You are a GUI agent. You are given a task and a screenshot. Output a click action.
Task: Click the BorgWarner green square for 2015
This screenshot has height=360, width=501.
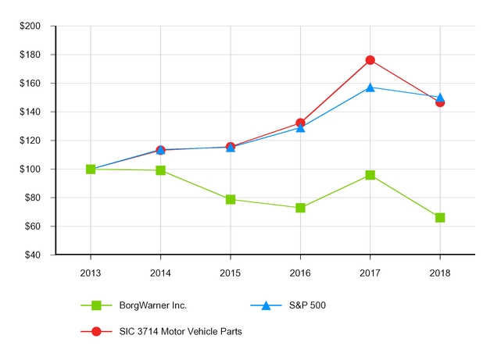231,199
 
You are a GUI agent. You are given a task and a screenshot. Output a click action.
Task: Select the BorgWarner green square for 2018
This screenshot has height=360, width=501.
440,217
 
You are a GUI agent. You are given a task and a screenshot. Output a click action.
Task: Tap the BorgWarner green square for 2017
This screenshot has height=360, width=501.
370,175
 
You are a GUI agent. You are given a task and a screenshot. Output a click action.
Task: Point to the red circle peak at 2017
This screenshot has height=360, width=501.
370,60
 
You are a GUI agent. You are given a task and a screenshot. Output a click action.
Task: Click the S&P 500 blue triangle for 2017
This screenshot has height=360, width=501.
370,87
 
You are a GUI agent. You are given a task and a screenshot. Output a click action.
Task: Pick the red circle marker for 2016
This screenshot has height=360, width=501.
300,123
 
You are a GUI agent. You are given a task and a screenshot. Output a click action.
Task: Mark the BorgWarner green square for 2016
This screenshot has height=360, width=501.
300,208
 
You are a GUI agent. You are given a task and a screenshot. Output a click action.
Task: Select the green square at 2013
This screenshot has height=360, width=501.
91,169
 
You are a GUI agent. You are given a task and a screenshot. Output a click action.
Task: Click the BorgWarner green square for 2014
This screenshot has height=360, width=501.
160,170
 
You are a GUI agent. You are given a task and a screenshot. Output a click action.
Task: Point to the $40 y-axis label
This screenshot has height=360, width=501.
33,255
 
